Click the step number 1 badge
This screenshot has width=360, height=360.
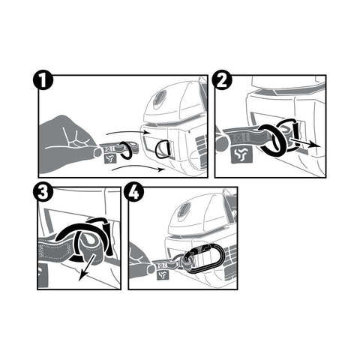click(x=43, y=80)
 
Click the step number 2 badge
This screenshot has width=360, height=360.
click(x=222, y=80)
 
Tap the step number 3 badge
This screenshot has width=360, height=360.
click(x=43, y=192)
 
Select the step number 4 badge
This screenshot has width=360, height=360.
click(x=134, y=192)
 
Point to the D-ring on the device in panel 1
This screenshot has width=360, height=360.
click(x=163, y=149)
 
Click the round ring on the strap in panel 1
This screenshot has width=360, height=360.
click(x=127, y=150)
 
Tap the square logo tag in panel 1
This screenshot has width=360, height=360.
click(x=110, y=158)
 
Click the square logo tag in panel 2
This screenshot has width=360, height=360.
click(x=241, y=155)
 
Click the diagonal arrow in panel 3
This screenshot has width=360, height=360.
click(x=86, y=268)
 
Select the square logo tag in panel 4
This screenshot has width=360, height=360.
click(x=163, y=275)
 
